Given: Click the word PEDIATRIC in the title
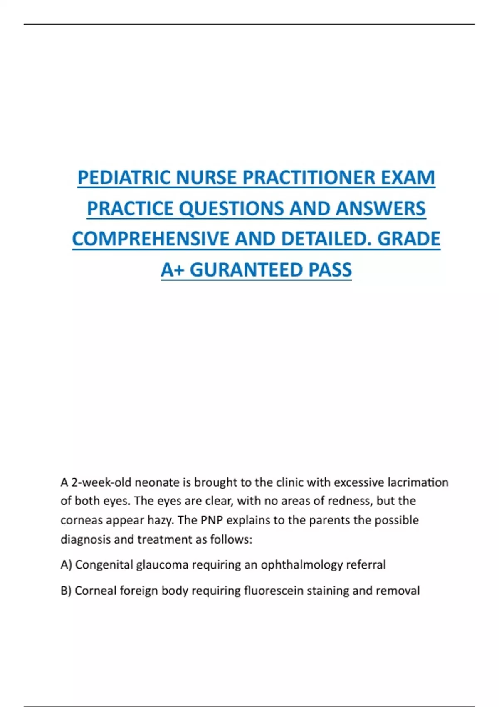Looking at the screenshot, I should click(x=124, y=178).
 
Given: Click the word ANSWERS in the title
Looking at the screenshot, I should click(x=380, y=208).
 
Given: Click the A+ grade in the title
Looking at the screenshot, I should click(x=173, y=270).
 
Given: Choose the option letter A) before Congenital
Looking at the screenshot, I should click(x=66, y=565).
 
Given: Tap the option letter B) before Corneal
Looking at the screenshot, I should click(x=66, y=591).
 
